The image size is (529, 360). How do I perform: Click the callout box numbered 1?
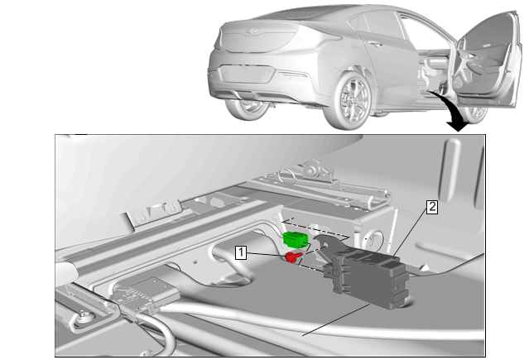[241, 252]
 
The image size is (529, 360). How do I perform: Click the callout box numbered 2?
[432, 207]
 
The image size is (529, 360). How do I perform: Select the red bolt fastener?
[292, 257]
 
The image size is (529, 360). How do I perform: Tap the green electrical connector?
[296, 238]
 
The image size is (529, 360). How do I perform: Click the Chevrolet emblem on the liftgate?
[251, 31]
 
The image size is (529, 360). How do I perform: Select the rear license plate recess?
[246, 73]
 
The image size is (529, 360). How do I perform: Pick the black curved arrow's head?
[458, 126]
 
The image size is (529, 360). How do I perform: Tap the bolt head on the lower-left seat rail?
[85, 316]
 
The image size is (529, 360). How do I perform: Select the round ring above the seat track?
[287, 175]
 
